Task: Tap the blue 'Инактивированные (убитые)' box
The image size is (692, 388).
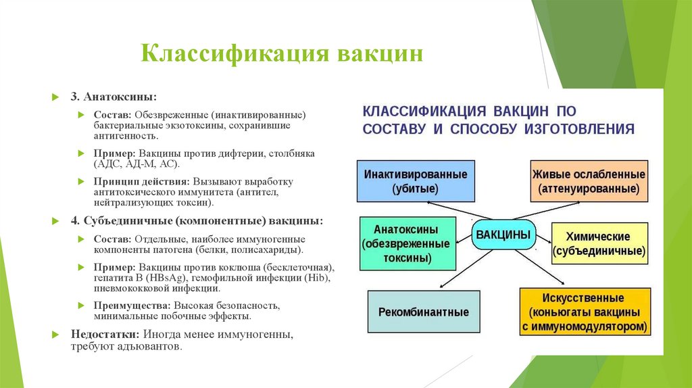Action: point(416,181)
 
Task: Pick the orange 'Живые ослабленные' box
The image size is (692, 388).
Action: point(589,181)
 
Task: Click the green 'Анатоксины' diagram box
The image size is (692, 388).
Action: point(405,243)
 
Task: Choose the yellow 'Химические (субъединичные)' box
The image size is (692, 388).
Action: point(599,244)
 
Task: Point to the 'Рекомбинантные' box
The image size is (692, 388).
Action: point(424,312)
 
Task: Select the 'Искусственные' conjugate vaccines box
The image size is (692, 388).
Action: point(585,312)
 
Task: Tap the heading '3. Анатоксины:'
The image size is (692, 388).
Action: point(114,97)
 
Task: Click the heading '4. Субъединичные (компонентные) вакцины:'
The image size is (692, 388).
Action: point(197,221)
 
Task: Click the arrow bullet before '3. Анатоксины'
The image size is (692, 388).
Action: point(56,97)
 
